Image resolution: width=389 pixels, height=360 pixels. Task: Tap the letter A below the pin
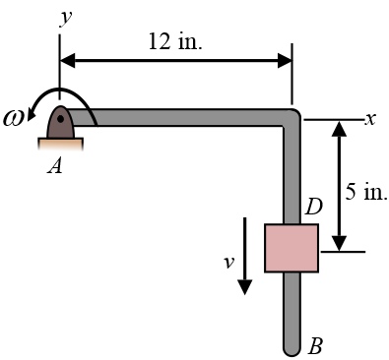55,166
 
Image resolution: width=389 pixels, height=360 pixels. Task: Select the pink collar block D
291,247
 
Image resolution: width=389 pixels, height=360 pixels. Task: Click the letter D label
314,208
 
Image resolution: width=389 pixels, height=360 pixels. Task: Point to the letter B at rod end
315,346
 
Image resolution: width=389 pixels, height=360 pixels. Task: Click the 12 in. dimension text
174,41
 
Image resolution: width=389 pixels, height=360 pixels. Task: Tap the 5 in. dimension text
366,192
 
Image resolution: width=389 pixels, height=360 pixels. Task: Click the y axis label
65,17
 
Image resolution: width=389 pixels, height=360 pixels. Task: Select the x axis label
370,118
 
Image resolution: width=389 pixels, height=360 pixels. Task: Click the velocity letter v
229,262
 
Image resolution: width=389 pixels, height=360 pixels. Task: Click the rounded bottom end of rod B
291,347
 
